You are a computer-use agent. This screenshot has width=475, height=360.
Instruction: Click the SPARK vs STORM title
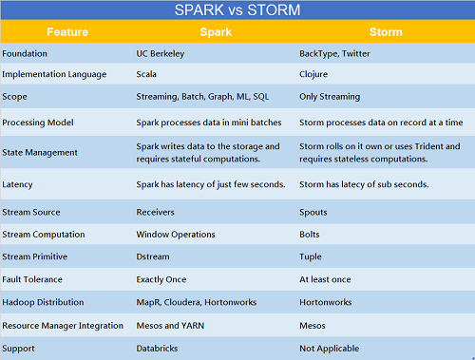(x=237, y=11)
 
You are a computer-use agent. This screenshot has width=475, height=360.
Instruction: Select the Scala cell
(x=149, y=73)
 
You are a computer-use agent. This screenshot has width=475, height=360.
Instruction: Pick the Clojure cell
(x=314, y=73)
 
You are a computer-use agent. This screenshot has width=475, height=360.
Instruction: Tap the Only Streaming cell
(x=330, y=96)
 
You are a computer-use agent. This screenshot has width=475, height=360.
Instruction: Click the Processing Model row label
(x=39, y=123)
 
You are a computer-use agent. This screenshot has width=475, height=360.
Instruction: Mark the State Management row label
(x=41, y=152)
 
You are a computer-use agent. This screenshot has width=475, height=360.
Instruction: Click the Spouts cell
(x=313, y=212)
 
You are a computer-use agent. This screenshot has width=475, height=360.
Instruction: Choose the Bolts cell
(x=310, y=234)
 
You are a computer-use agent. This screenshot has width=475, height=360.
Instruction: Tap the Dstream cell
(x=154, y=256)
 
